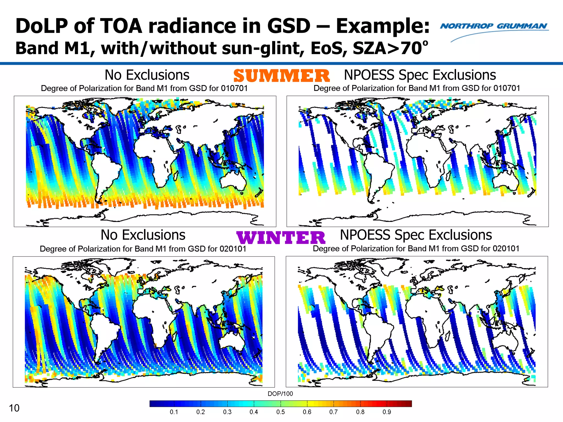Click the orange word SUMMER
point(281,76)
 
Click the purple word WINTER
point(281,238)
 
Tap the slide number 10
point(14,408)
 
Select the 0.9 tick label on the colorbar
point(387,412)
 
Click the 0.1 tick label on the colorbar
point(174,412)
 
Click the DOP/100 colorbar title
point(280,394)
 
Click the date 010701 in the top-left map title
point(234,88)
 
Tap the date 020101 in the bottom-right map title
point(506,249)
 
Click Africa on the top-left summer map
point(155,157)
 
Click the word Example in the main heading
point(382,26)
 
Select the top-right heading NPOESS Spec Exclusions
point(420,75)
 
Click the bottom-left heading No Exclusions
point(143,235)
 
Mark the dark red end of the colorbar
point(408,404)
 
